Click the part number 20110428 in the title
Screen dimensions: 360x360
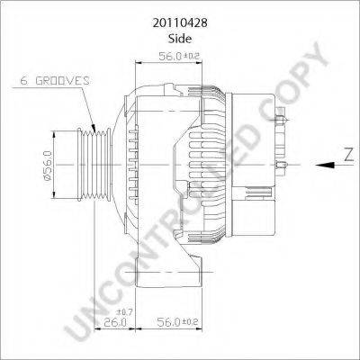[180, 23]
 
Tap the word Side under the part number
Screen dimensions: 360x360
[180, 39]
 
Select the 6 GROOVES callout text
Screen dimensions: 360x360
[55, 80]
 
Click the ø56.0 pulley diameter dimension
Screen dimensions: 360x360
[48, 166]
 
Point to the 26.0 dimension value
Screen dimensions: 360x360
[115, 322]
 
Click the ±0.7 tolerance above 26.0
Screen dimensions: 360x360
[126, 312]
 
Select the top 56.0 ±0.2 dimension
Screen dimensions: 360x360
[179, 56]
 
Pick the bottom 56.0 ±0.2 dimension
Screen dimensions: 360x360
[177, 322]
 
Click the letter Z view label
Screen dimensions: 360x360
[348, 155]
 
